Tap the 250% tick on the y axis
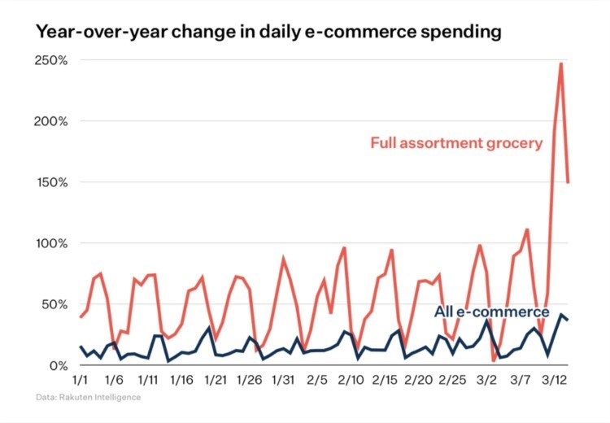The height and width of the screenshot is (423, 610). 50,61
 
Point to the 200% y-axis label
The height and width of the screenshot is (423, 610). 50,122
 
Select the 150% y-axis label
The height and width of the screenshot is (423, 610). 50,183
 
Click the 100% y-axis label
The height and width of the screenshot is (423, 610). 50,244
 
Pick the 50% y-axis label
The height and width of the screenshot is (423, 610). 54,305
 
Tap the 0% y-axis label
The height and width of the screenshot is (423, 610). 57,365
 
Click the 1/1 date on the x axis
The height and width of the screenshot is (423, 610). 81,380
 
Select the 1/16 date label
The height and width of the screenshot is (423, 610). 181,380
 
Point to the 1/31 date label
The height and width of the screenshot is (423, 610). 282,380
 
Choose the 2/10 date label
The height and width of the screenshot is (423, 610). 351,380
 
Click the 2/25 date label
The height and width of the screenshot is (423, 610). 452,380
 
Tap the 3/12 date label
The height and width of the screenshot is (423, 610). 554,380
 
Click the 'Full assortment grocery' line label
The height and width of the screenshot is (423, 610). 455,144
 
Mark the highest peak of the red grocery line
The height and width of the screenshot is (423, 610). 561,63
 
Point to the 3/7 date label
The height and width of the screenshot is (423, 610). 520,380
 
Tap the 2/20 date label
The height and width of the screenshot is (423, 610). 418,380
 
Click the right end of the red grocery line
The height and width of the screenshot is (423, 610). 568,182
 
